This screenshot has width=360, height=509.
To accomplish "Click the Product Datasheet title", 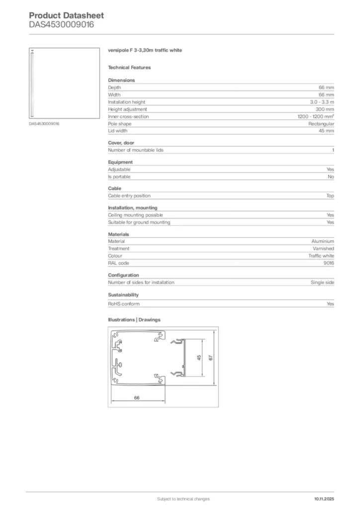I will point(66,15).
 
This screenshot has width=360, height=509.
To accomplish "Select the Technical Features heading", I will point(129,67).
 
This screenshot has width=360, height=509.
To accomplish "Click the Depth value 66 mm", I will point(326,87).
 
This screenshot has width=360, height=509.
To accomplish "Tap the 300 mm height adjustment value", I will point(325,109).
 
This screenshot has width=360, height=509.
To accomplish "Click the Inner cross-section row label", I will point(128,116).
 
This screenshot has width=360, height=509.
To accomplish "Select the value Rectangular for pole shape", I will point(321,124).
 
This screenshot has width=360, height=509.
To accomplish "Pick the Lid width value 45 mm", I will point(326,131).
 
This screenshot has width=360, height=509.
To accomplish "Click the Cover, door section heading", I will point(121,143).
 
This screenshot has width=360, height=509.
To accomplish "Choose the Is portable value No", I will point(331,176).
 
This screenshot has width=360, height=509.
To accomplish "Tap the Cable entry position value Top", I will point(330,196).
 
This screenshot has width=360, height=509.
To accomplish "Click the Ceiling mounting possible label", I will point(135,215).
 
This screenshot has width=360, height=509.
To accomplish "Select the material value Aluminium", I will point(323,241).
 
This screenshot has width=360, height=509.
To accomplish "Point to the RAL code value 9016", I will point(329,263).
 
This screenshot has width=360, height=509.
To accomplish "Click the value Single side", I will point(322,282).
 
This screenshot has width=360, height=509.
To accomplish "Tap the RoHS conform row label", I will point(124,304).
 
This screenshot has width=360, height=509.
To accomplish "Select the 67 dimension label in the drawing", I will point(211,358).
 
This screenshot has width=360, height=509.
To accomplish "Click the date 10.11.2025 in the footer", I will point(324,499).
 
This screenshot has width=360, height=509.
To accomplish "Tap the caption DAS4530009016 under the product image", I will point(44,124).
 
